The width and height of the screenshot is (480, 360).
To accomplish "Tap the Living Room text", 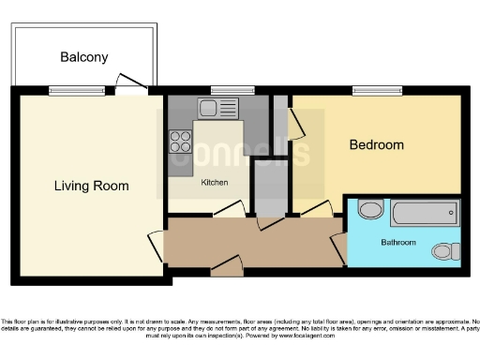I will (x=91, y=186).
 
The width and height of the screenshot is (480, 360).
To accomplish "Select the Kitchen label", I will (x=214, y=183).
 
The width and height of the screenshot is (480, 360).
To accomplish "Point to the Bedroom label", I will (x=376, y=144).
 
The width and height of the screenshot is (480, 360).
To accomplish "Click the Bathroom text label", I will (x=397, y=242).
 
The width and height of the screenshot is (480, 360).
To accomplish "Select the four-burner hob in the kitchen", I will (x=180, y=142).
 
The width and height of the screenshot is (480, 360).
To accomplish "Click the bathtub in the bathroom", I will (x=425, y=213).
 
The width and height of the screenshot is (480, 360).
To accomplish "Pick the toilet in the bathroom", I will (x=444, y=250).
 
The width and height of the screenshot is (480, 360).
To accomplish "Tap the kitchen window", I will (x=225, y=90).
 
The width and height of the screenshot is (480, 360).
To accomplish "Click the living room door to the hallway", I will (x=156, y=246).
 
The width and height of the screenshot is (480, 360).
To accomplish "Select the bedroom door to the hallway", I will (x=314, y=210).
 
